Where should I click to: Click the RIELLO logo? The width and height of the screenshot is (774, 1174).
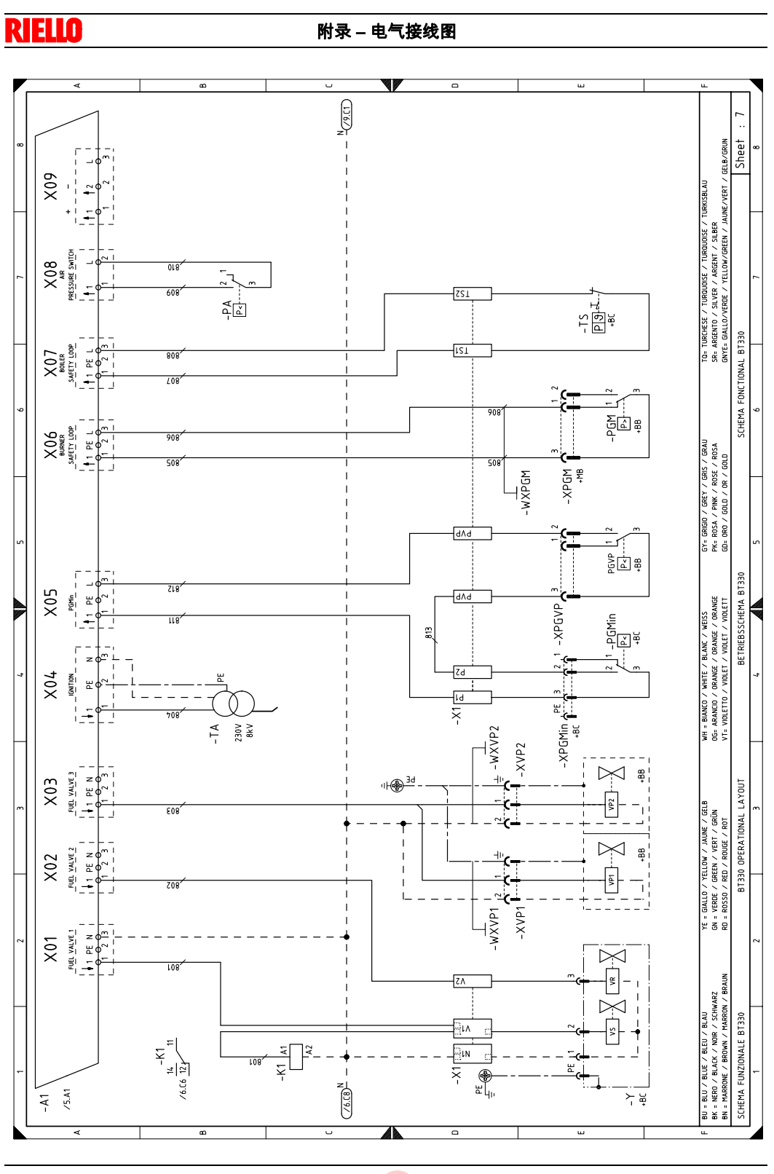pos(44,31)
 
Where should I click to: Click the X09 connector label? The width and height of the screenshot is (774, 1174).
pos(50,186)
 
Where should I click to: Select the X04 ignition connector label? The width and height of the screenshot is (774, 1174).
pos(50,685)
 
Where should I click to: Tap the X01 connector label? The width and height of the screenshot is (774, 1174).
pos(50,949)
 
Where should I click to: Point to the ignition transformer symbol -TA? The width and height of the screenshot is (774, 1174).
pos(234,704)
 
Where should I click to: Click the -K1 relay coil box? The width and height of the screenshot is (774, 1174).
pos(296,1057)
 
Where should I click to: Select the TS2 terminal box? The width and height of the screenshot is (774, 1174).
pos(472,294)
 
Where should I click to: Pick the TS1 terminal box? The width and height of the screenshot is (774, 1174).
pos(472,350)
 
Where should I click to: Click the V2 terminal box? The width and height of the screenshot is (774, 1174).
pos(472,981)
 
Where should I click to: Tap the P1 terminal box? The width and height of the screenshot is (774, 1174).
pos(472,697)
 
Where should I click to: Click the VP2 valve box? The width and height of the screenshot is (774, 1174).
pos(612,804)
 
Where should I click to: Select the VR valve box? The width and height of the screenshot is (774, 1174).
pos(612,980)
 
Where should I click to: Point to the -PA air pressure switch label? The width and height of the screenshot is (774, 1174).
pos(227,310)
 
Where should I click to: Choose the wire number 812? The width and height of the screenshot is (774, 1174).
pos(173,588)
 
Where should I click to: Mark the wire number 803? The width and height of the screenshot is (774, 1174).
pos(173,809)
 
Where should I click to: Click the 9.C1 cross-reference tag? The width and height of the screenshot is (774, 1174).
pos(347,114)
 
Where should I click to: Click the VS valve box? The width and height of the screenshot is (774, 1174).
pos(612,1031)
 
